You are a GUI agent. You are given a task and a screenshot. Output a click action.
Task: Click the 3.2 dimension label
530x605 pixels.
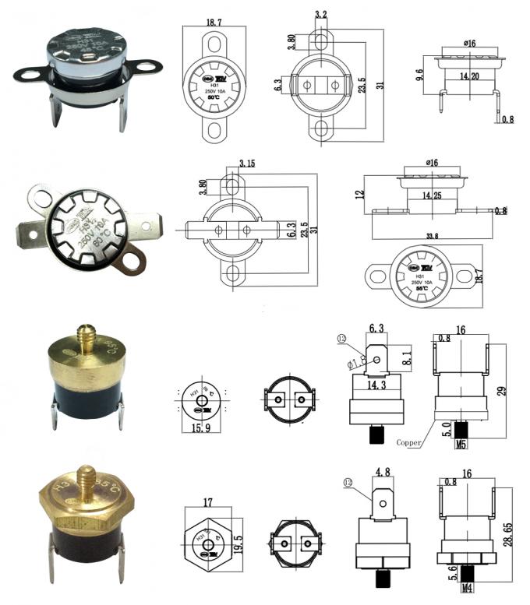pyautogui.click(x=320, y=14)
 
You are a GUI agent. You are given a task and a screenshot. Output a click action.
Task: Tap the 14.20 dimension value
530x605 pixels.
pyautogui.click(x=468, y=78)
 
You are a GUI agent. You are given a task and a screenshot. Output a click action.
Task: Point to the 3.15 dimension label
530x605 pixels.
pyautogui.click(x=247, y=164)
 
